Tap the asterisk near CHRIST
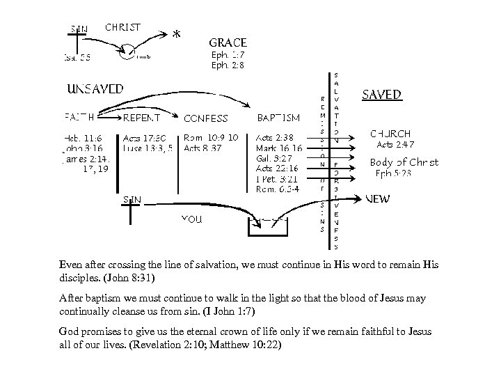(177, 33)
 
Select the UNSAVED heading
(96, 88)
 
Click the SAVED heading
(382, 94)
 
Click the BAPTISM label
(278, 117)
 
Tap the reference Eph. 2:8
(228, 65)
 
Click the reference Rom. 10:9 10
(212, 138)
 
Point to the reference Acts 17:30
(145, 138)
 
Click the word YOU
(191, 219)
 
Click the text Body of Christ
(404, 162)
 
